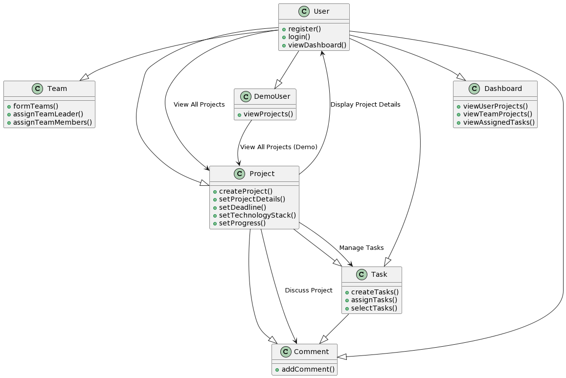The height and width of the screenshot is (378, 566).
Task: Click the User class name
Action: (321, 11)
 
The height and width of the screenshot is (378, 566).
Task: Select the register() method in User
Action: (304, 29)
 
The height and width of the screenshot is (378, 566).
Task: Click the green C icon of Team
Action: (38, 89)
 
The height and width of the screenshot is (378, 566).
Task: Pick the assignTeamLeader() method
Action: (48, 114)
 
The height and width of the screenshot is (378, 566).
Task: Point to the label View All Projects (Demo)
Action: (279, 147)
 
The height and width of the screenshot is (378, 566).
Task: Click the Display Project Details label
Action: (365, 105)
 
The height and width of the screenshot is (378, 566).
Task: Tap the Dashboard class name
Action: (503, 89)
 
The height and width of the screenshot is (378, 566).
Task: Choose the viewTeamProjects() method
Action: (494, 114)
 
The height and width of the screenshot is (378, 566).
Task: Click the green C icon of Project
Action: (239, 174)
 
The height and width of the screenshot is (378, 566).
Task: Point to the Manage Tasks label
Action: (361, 247)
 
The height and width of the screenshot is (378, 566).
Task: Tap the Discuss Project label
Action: (309, 290)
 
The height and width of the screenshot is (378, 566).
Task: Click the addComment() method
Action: (308, 369)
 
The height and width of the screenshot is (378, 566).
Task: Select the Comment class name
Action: (311, 352)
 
